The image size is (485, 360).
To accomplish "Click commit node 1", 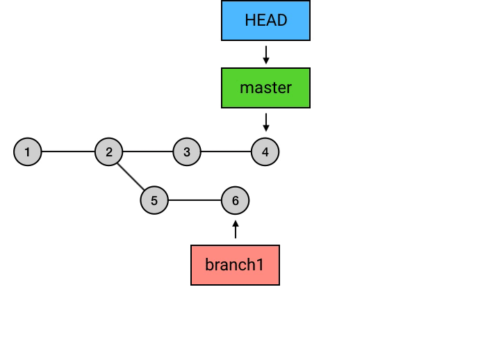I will [28, 152].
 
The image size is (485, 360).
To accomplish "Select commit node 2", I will [109, 152].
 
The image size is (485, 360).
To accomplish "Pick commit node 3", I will [187, 152].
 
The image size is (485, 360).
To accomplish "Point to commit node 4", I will [265, 152].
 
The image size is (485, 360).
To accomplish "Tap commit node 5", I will [154, 201].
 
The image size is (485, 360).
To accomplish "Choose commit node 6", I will [236, 201].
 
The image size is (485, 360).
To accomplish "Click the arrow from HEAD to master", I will [265, 54].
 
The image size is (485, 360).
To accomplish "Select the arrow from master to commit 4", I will [265, 122].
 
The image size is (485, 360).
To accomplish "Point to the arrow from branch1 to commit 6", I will [236, 229].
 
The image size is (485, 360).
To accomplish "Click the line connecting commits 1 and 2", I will [68, 152].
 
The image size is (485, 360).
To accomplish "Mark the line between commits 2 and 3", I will [148, 152].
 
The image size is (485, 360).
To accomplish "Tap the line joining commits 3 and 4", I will [226, 152].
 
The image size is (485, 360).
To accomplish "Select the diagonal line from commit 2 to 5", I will [131, 176].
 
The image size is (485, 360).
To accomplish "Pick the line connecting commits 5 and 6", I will [195, 201].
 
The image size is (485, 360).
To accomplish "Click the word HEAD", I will [265, 20].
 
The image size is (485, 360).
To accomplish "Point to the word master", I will [265, 88].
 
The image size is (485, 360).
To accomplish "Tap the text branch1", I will [235, 265].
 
